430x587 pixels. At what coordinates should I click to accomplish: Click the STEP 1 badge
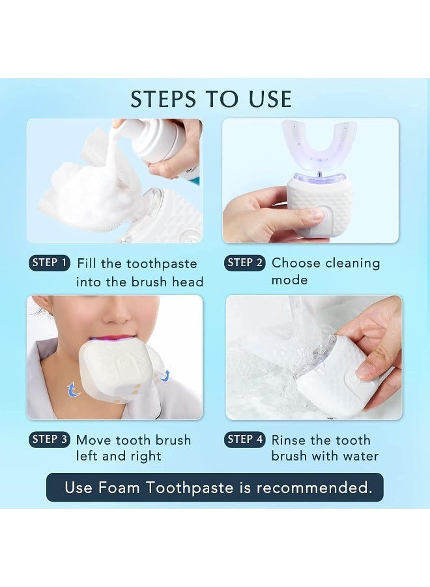tap(50, 263)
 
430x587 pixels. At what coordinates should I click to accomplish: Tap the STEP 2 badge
tap(244, 263)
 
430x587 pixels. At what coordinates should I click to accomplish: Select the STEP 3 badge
tap(50, 440)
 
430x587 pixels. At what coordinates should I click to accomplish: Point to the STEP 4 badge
tap(244, 440)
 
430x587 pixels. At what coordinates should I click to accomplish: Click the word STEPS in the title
tap(163, 99)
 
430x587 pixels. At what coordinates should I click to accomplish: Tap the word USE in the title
tap(270, 99)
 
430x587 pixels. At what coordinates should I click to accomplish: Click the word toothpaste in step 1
tap(162, 264)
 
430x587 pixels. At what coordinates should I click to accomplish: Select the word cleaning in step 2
tap(352, 263)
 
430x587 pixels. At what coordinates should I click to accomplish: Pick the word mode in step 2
tap(289, 280)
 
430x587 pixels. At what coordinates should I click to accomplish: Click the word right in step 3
tap(146, 457)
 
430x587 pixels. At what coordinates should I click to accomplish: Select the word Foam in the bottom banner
tap(119, 488)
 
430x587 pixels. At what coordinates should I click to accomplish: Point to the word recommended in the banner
tap(315, 488)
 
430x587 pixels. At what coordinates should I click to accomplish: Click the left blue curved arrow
tap(74, 389)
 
